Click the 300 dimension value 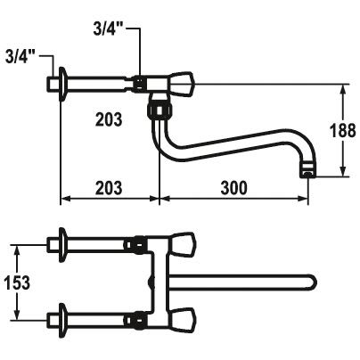pos(233,188)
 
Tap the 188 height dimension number pos(343,131)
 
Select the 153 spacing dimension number pos(17,282)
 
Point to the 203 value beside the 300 pos(109,188)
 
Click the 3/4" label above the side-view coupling pos(109,29)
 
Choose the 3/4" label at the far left pos(20,57)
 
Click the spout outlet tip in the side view pos(307,172)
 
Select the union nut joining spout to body pos(160,110)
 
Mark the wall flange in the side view pos(62,84)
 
